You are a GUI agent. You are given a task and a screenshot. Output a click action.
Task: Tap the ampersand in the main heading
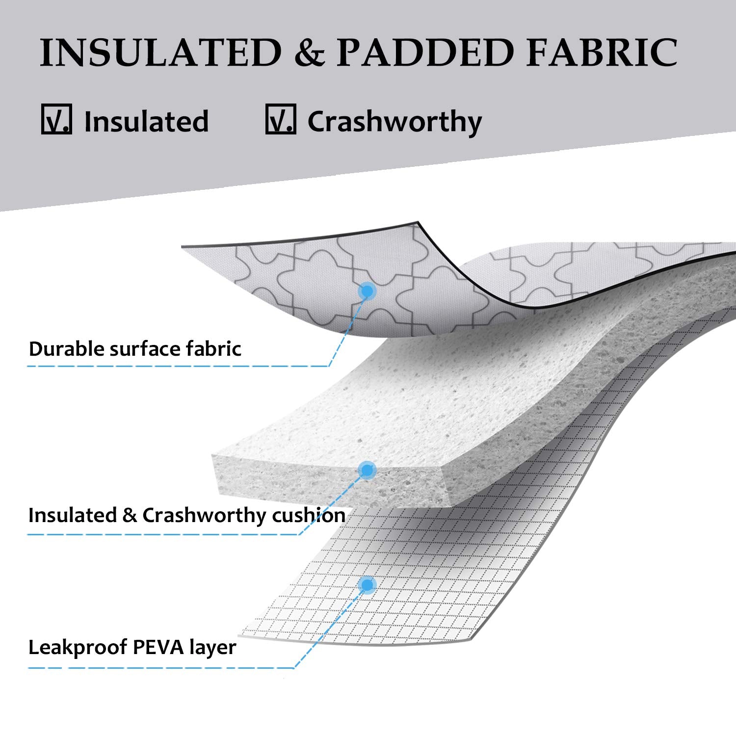click(309, 52)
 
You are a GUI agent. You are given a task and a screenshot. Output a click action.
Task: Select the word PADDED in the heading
click(425, 52)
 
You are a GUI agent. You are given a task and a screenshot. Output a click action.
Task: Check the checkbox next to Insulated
click(56, 119)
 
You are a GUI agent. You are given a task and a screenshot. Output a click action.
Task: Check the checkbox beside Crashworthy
click(281, 119)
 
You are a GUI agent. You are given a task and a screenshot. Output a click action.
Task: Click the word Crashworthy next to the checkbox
click(394, 122)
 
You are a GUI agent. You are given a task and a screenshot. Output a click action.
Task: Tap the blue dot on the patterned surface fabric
click(367, 291)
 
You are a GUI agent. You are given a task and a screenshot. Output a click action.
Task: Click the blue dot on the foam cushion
click(367, 471)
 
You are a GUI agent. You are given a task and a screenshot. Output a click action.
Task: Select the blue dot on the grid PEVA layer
click(367, 585)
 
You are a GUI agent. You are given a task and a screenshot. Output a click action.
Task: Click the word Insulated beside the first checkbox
click(146, 121)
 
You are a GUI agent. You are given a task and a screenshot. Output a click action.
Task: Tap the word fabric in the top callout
click(214, 349)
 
